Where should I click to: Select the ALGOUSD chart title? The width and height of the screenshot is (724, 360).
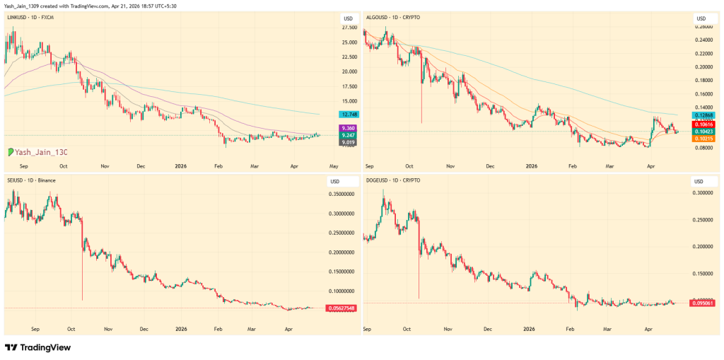coord(391,16)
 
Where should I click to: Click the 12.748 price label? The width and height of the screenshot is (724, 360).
coord(349,114)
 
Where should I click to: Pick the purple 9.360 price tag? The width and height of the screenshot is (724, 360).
coord(349,128)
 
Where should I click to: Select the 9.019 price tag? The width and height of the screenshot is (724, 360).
coord(349,142)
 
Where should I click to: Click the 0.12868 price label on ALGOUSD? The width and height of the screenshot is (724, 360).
coord(704,115)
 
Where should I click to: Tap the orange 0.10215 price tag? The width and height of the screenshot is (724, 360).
coord(704,139)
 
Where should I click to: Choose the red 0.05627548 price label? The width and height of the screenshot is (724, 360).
coord(341,308)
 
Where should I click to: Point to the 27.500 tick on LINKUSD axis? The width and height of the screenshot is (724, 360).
coord(349,28)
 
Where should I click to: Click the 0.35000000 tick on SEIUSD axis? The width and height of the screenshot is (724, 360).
coord(342,193)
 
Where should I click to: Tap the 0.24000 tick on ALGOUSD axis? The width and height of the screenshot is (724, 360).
coord(704,40)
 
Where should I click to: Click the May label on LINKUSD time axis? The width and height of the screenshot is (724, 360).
coord(334,166)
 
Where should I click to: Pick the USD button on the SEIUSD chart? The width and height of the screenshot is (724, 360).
coord(334,182)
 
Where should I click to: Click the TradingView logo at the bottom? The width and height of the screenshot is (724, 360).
coord(38,348)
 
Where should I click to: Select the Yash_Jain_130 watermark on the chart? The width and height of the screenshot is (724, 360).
coord(38,152)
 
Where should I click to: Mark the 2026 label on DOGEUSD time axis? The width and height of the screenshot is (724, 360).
coord(530,329)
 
